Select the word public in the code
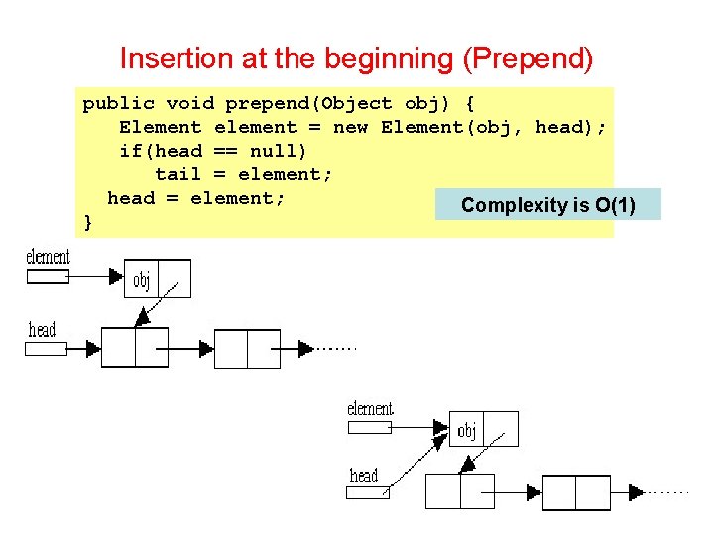click(118, 103)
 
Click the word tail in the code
click(178, 174)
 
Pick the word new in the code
click(351, 127)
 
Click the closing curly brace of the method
click(88, 222)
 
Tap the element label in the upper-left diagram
click(48, 258)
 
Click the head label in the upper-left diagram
click(42, 330)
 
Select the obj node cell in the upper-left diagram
click(141, 280)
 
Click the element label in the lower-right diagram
click(370, 409)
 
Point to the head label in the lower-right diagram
click(364, 476)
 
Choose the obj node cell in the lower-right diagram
click(467, 430)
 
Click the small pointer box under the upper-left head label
click(47, 348)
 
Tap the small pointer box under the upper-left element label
click(47, 277)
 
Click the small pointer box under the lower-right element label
click(367, 427)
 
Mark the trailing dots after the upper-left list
click(337, 349)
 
